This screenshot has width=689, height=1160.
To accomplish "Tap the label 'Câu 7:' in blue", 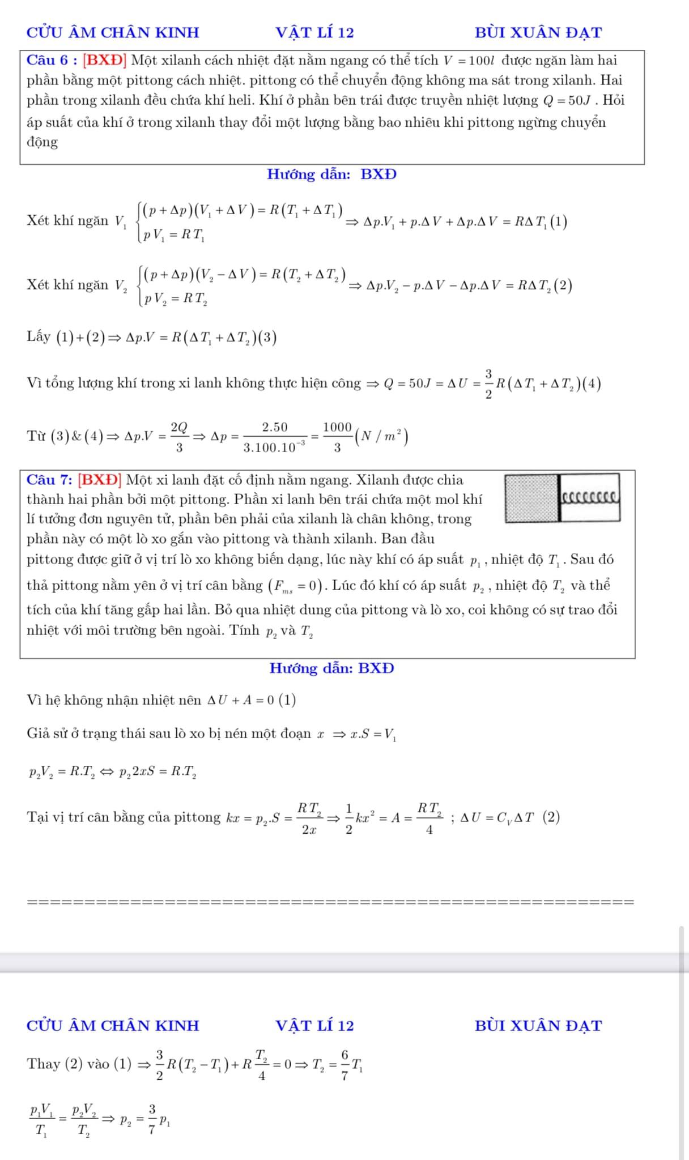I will click(x=49, y=480).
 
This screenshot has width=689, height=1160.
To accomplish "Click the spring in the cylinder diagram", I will click(x=590, y=498).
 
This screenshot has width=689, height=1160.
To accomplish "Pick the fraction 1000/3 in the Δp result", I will click(x=337, y=437).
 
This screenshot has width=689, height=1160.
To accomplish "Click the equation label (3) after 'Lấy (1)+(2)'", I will click(x=269, y=338).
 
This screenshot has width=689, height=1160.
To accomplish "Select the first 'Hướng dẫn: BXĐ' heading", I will click(x=331, y=174).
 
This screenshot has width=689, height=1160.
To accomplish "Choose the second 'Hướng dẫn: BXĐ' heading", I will click(x=331, y=668).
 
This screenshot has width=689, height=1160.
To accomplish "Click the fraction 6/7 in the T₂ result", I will click(x=344, y=1064).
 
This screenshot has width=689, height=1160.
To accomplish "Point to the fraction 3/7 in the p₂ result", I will click(x=152, y=1119).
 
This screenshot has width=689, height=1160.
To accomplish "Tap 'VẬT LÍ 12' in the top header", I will click(x=314, y=33).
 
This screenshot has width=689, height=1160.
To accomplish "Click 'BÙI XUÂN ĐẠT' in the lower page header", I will click(x=538, y=1026).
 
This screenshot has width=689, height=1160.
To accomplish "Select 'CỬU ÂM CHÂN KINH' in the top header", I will click(x=113, y=33).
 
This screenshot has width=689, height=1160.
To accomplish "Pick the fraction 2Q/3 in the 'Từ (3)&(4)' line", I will click(x=179, y=437).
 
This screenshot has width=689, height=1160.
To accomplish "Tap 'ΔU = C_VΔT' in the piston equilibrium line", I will click(x=497, y=817).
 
